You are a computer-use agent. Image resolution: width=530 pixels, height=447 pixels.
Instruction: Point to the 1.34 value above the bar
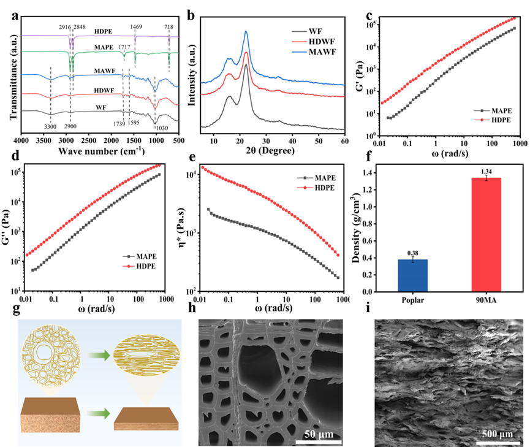(485, 172)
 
